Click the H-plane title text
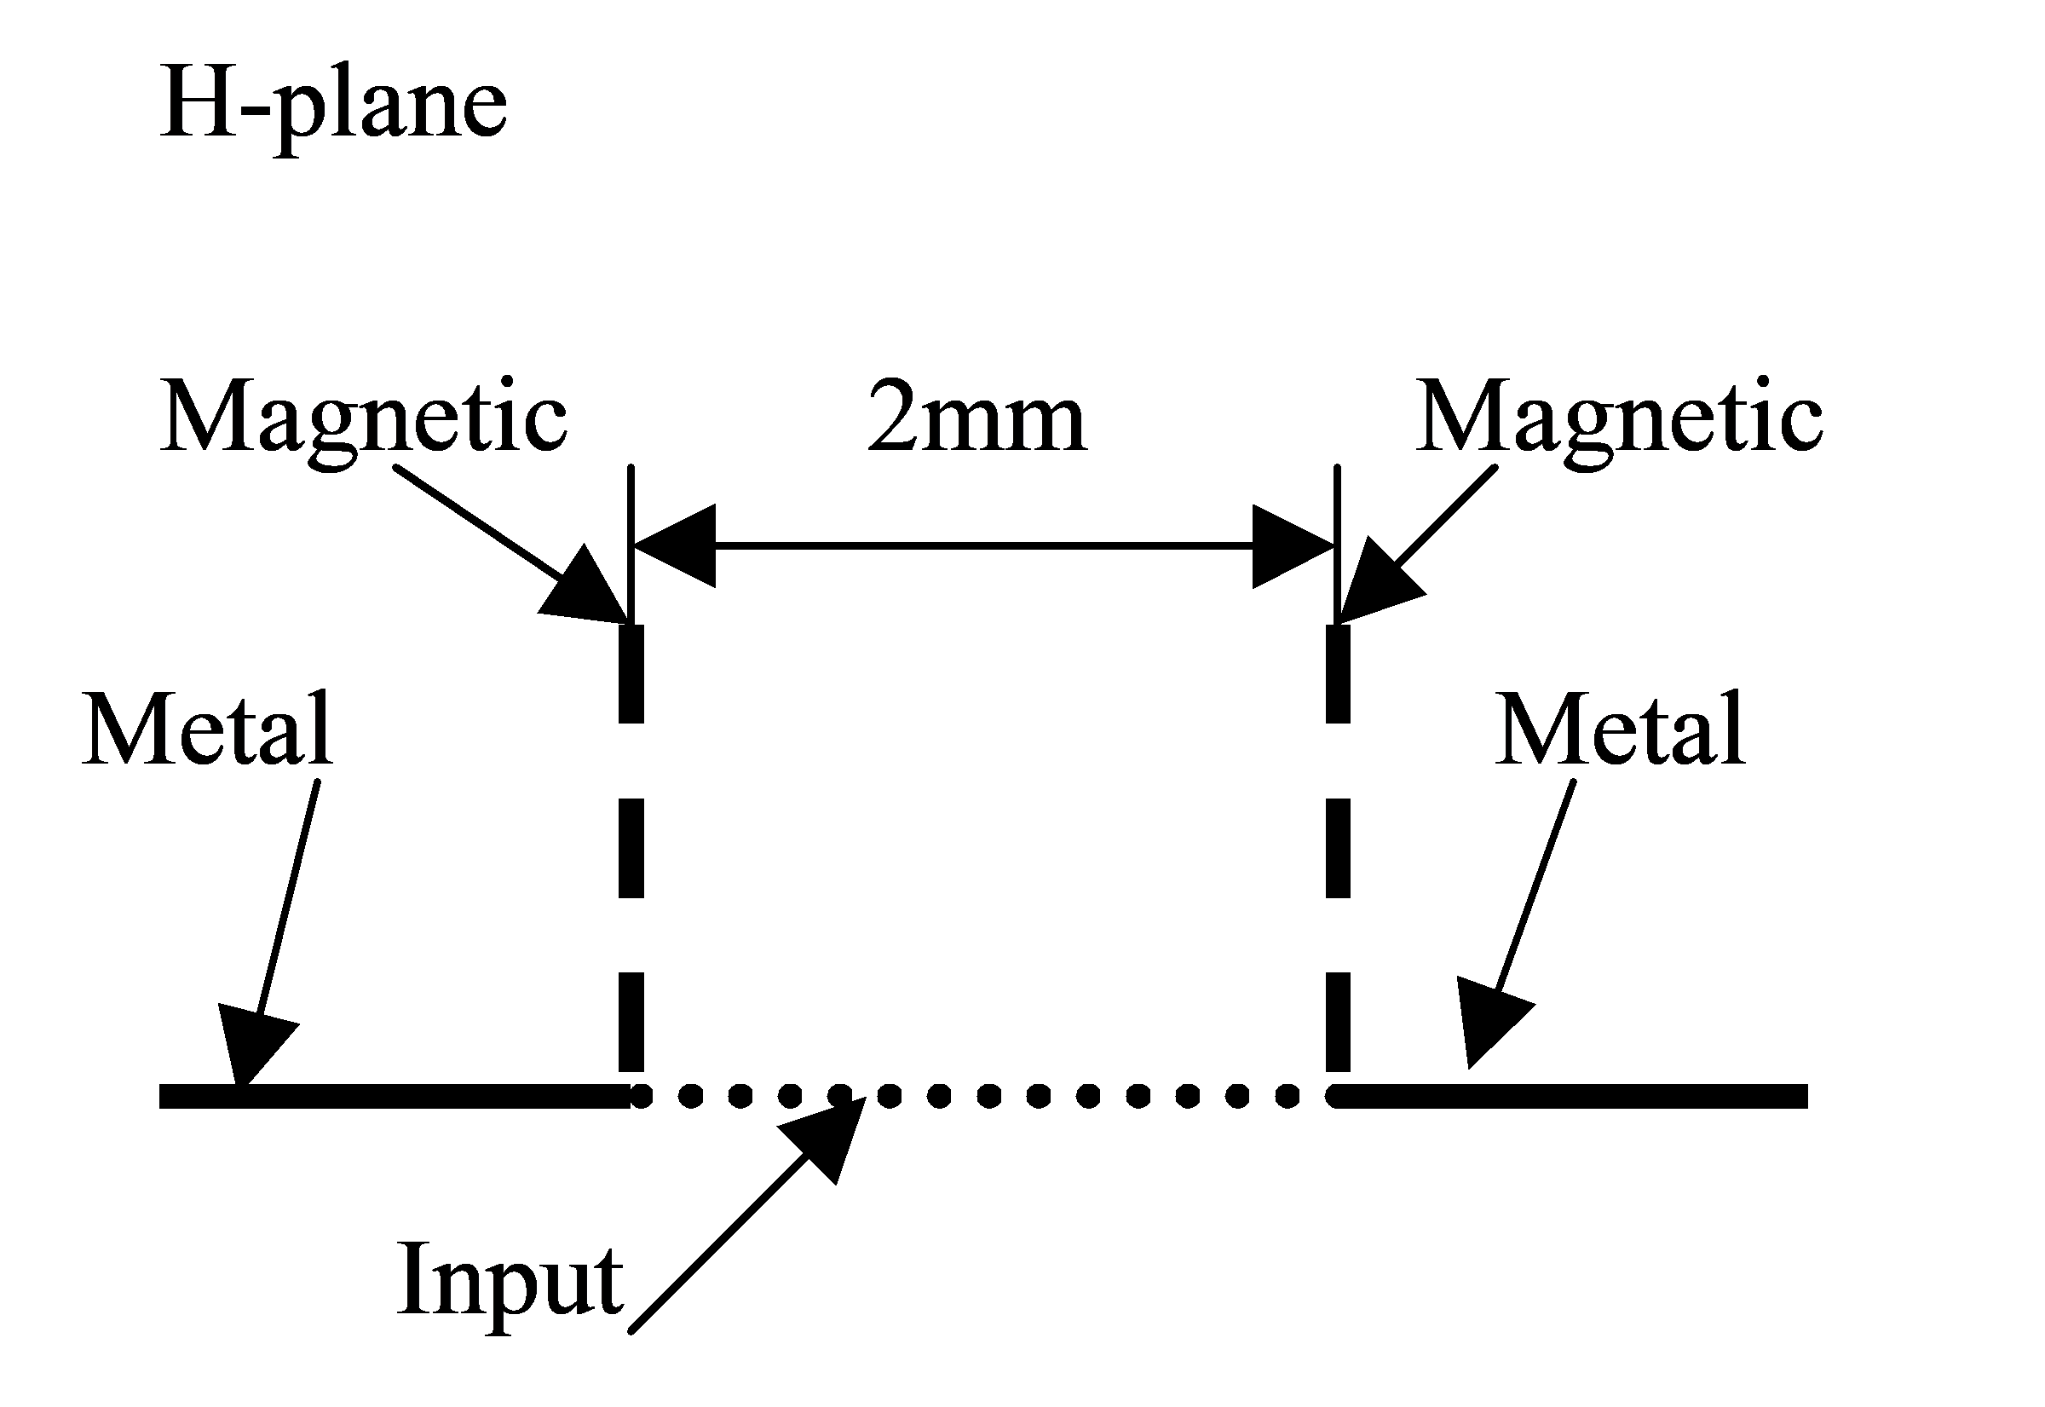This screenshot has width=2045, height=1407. tap(333, 110)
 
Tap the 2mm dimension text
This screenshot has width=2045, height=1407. tap(976, 416)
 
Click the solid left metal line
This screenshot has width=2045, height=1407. tap(395, 1096)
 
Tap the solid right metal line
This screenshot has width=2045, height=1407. tap(1570, 1096)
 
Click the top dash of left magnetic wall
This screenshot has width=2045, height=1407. tap(631, 673)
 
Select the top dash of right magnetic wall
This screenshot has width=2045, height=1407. tap(1338, 673)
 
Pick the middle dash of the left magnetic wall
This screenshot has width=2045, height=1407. tap(631, 847)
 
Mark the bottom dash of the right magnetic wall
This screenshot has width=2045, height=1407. tap(1338, 1022)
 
